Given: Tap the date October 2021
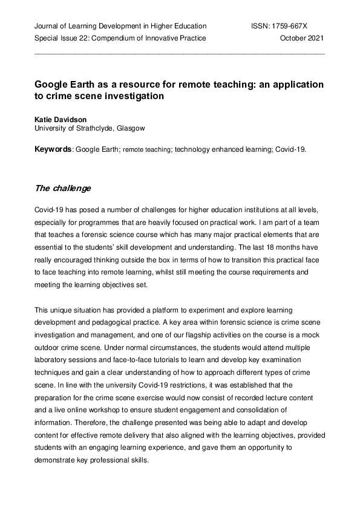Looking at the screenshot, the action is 302,38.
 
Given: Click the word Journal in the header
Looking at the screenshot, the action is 47,26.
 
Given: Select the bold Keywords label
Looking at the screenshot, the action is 53,148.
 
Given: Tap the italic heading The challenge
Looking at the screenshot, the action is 63,188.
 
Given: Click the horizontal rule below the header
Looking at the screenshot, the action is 180,54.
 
